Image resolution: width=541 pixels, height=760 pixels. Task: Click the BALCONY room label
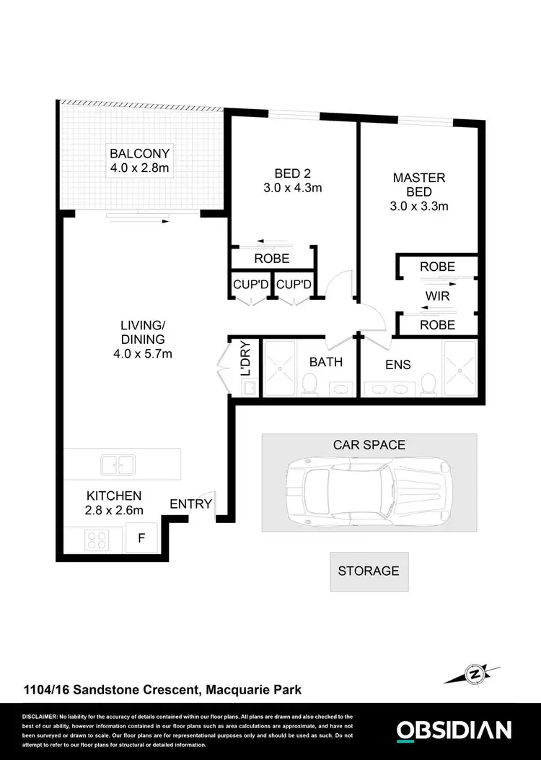tap(139, 153)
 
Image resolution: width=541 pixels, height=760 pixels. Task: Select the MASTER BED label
tap(419, 184)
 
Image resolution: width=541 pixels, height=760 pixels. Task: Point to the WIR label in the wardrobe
tap(438, 295)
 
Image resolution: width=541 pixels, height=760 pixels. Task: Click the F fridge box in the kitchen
tap(141, 538)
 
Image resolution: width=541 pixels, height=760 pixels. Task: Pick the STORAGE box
tap(369, 571)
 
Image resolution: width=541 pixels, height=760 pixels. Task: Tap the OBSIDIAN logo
tap(454, 730)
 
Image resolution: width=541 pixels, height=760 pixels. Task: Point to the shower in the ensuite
tap(459, 368)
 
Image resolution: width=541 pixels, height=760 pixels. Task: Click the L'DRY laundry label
tap(244, 359)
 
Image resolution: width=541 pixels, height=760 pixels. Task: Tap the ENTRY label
tap(191, 504)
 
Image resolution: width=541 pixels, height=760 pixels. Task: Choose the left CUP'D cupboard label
tap(250, 285)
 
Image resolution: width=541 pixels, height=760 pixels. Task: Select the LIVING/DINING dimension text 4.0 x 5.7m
tap(143, 353)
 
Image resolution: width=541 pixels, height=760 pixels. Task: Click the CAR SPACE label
tap(369, 445)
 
